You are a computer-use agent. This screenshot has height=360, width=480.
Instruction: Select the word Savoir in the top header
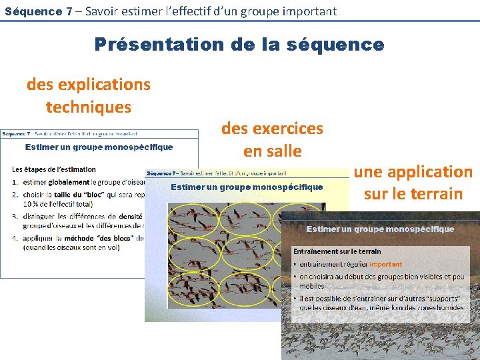pyautogui.click(x=102, y=11)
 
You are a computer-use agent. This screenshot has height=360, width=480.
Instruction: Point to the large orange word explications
pyautogui.click(x=105, y=85)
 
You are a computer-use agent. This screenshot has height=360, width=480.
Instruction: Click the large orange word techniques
pyautogui.click(x=89, y=107)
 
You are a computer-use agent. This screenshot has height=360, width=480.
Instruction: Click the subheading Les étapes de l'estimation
pyautogui.click(x=54, y=169)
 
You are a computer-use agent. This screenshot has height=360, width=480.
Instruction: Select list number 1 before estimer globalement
pyautogui.click(x=15, y=182)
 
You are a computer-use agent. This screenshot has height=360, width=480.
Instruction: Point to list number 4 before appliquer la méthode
pyautogui.click(x=15, y=238)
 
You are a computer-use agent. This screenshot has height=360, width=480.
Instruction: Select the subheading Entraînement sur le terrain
pyautogui.click(x=337, y=251)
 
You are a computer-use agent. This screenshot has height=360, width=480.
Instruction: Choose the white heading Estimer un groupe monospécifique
pyautogui.click(x=380, y=229)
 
